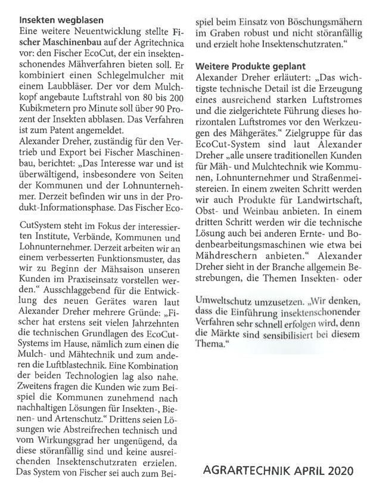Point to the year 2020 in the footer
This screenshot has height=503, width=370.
[341, 470]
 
